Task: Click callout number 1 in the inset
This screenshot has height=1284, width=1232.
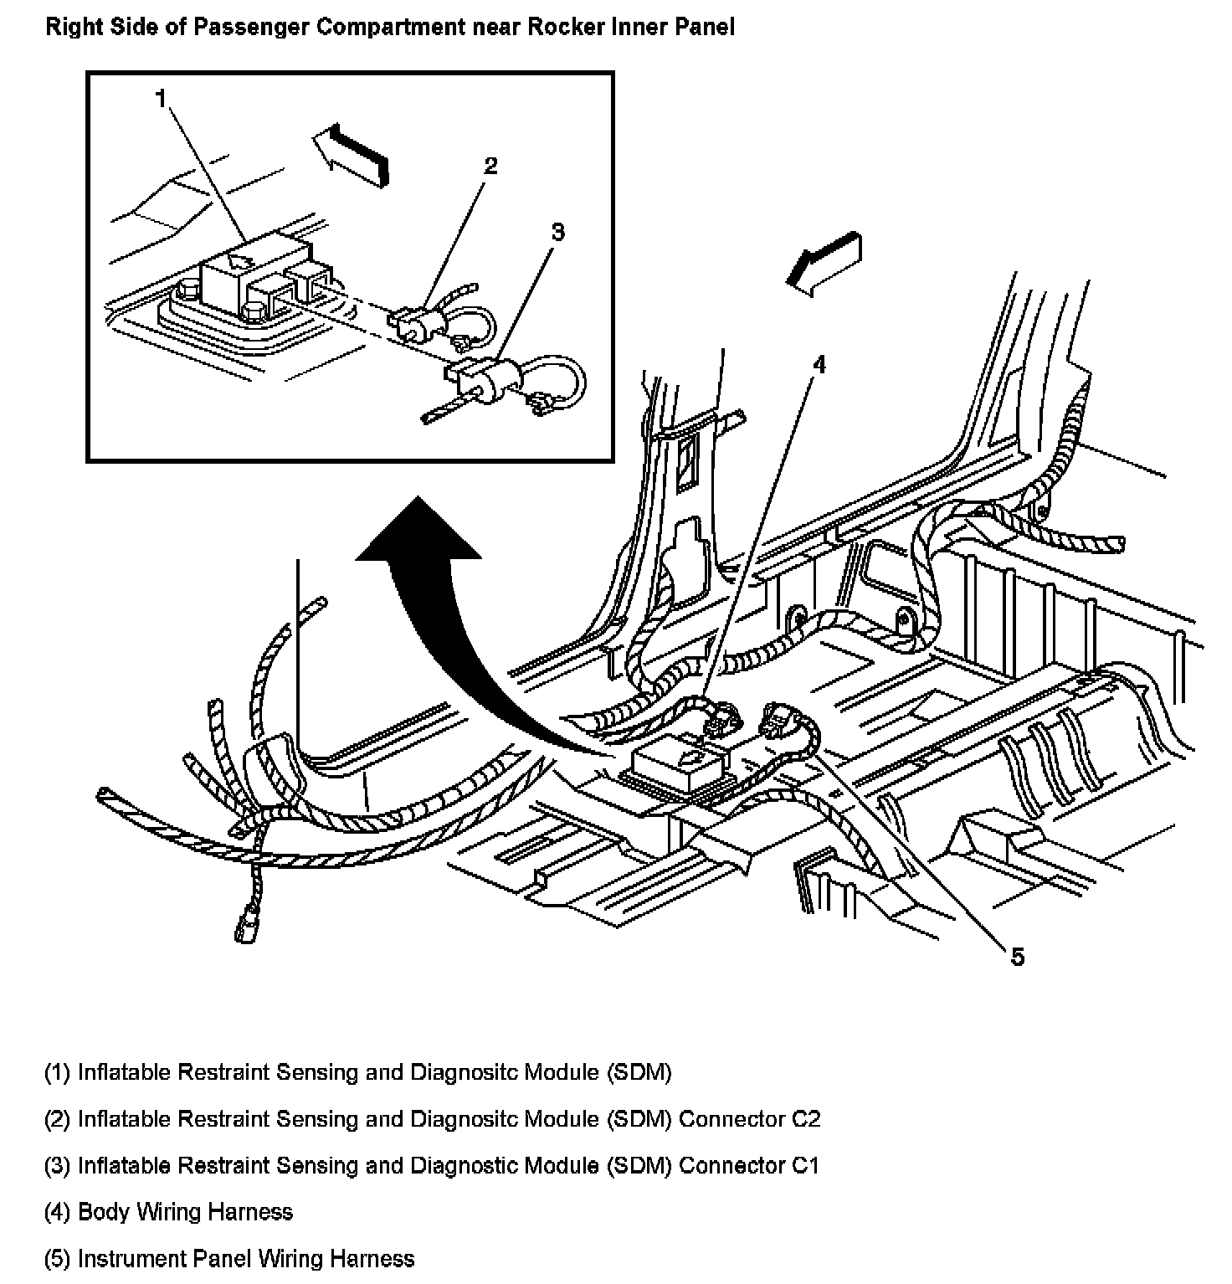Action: (x=160, y=100)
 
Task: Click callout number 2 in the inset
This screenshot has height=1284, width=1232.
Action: (x=490, y=165)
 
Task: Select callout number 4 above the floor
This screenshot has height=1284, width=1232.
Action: (x=819, y=364)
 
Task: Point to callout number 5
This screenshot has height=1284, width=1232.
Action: (x=1018, y=957)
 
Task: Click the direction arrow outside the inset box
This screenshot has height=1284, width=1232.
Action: (x=824, y=263)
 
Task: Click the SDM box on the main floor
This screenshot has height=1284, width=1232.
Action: (x=682, y=766)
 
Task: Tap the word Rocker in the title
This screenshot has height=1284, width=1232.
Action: (x=562, y=27)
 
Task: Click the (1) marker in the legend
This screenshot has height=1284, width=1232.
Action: (x=58, y=1072)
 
